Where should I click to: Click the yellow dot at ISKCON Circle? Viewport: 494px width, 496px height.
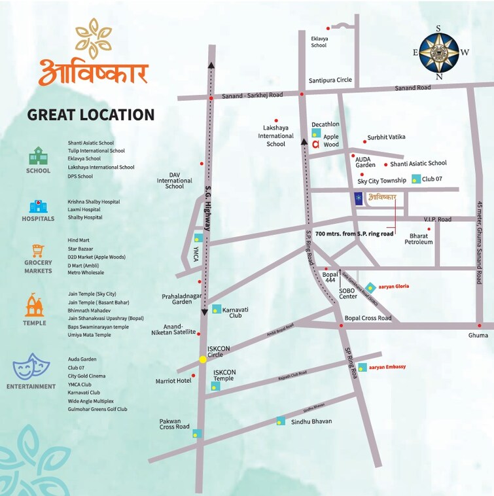[x=203, y=359]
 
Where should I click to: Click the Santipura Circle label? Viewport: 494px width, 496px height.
[x=330, y=80]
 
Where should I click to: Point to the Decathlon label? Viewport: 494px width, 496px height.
[x=325, y=124]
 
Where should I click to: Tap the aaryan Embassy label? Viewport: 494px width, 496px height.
[x=387, y=366]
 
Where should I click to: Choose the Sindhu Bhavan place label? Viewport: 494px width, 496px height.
[x=311, y=421]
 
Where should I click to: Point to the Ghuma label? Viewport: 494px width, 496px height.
[x=478, y=335]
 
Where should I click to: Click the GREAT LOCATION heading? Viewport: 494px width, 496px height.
[x=91, y=115]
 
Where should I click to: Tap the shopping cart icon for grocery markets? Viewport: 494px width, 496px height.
[x=37, y=252]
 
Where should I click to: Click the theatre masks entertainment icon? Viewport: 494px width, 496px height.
[x=32, y=367]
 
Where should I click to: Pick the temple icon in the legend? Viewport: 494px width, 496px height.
[x=35, y=305]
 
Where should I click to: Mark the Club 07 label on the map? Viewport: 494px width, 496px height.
[x=432, y=179]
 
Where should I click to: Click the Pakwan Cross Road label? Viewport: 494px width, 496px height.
[x=175, y=424]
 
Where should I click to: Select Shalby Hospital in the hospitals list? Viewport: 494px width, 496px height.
[x=85, y=217]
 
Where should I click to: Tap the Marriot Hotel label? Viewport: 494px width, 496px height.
[x=173, y=380]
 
